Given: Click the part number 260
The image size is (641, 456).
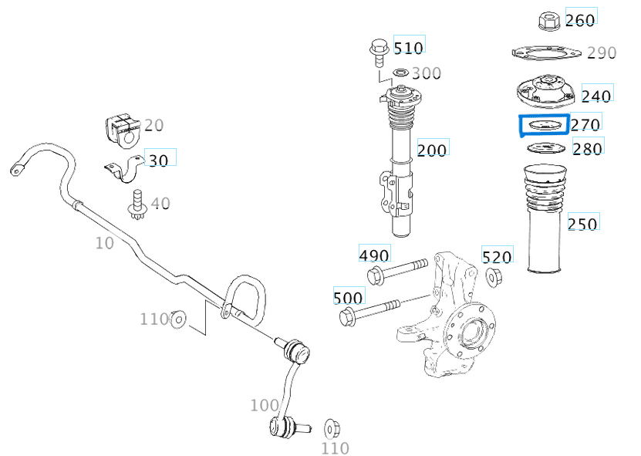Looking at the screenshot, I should tap(580, 20).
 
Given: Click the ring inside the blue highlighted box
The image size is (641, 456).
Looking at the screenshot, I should tap(544, 125).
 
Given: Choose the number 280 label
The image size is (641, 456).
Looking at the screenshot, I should tap(587, 148).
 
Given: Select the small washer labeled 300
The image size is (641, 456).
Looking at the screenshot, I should tap(400, 73).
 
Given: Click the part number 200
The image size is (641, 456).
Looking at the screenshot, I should tap(431, 150).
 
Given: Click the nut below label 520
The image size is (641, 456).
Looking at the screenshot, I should tap(495, 276).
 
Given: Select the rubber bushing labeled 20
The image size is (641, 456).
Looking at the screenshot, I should tap(119, 129).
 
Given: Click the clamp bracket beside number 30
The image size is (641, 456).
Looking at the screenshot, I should tap(124, 169).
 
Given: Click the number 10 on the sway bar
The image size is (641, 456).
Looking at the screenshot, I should tap(104, 243).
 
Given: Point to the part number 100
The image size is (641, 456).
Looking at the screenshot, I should tap(264, 404).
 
